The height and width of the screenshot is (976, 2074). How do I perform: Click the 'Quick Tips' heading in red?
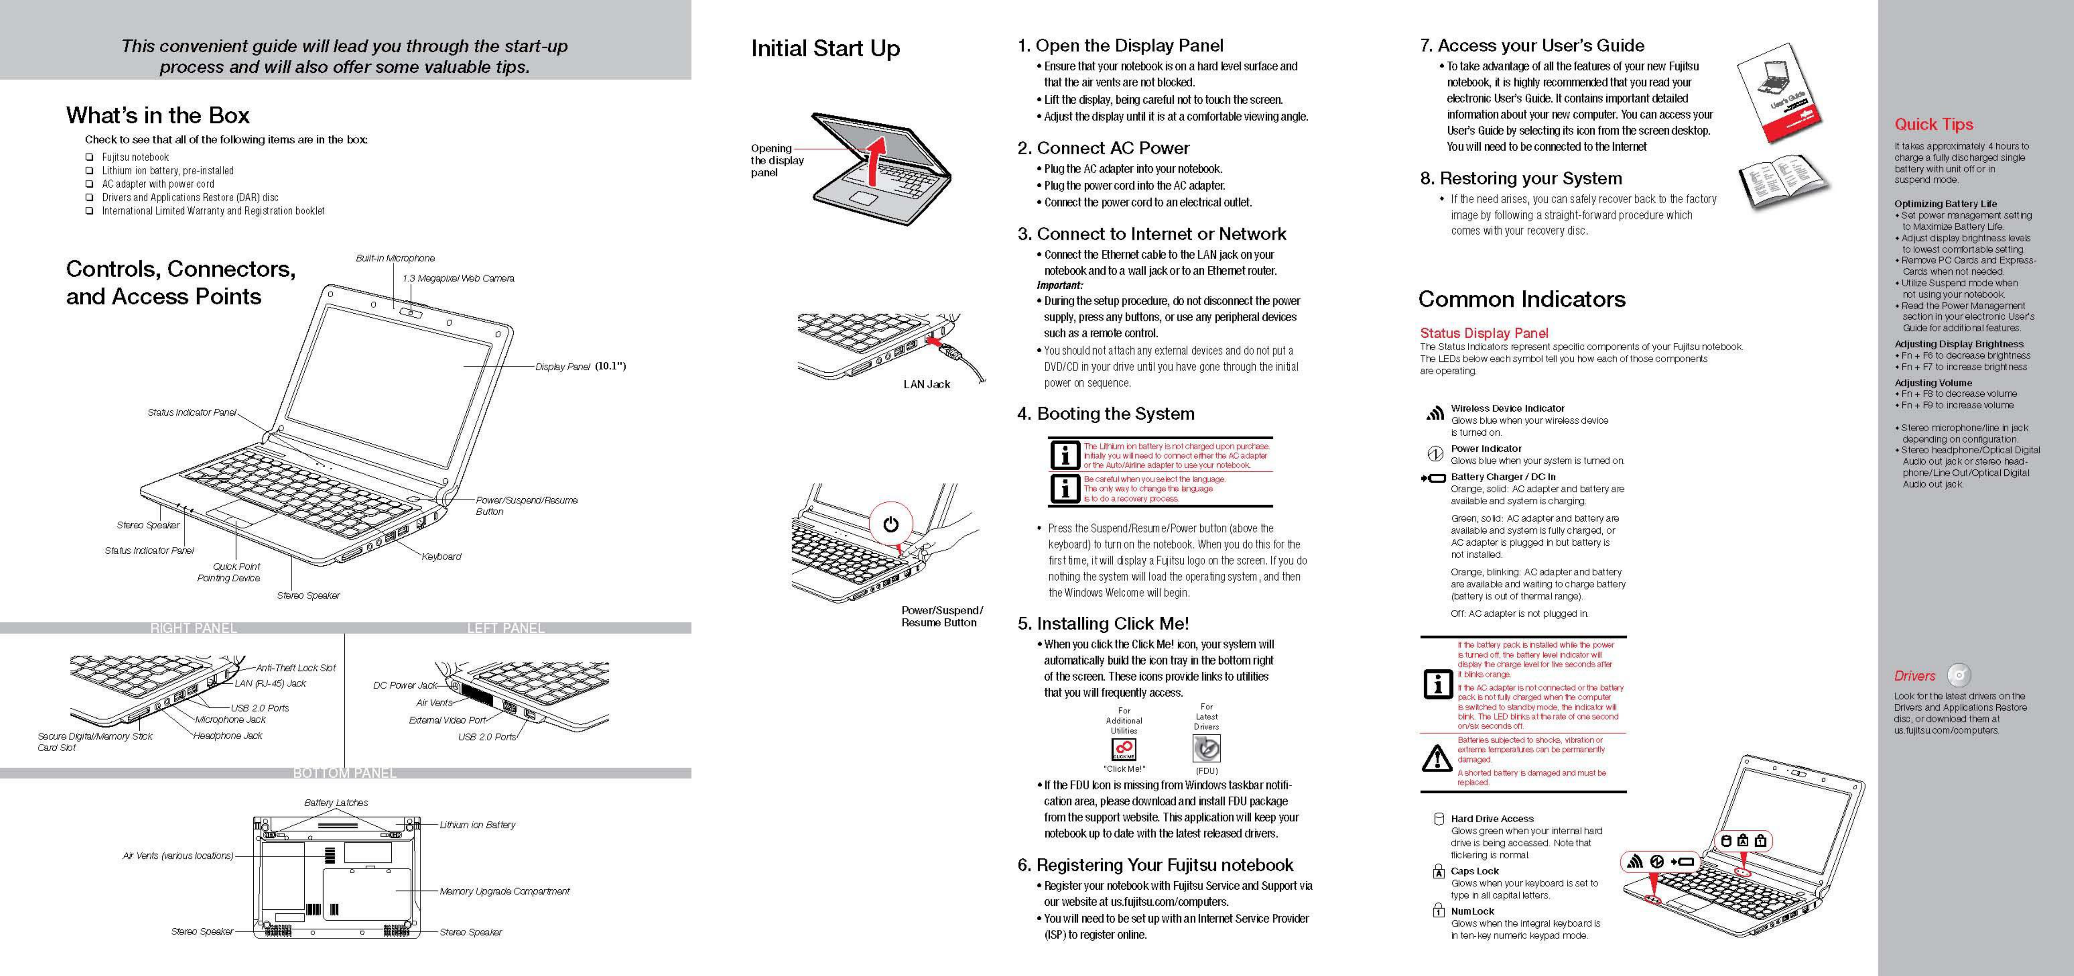1933,124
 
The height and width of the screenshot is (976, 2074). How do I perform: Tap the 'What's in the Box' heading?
158,115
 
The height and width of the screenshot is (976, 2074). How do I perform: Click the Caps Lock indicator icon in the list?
1438,871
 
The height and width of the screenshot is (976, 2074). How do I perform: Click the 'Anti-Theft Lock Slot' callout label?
295,668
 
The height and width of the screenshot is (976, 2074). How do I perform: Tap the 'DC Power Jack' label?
405,685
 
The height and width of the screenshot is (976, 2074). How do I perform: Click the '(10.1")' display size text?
610,366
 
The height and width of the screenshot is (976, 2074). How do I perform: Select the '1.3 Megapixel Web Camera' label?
458,278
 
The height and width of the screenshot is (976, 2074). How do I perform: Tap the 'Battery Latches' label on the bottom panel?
336,803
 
